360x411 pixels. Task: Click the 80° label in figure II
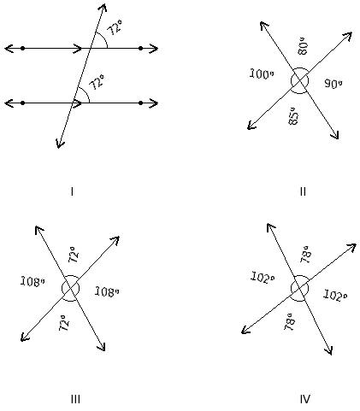[x=303, y=46]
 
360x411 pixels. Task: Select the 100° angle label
[x=262, y=74]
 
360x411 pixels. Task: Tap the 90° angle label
[x=333, y=84]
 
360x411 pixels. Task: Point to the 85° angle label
[x=293, y=116]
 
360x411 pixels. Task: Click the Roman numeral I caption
[x=72, y=191]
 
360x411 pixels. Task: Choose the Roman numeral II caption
[x=303, y=191]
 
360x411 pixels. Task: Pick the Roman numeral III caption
[x=75, y=399]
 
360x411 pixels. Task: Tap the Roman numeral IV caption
[x=304, y=399]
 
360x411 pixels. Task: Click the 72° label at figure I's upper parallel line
[x=115, y=27]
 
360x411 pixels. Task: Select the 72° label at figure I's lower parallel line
[x=97, y=82]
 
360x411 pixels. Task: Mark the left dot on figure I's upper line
[x=23, y=49]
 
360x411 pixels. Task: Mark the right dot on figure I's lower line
[x=140, y=103]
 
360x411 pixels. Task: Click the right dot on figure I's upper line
[x=140, y=49]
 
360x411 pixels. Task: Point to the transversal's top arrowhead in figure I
[x=104, y=4]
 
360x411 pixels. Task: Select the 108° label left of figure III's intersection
[x=32, y=282]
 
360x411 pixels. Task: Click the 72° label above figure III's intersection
[x=74, y=255]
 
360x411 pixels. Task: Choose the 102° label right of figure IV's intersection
[x=335, y=296]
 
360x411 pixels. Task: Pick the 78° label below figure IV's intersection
[x=290, y=322]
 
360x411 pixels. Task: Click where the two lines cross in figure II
[x=299, y=81]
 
